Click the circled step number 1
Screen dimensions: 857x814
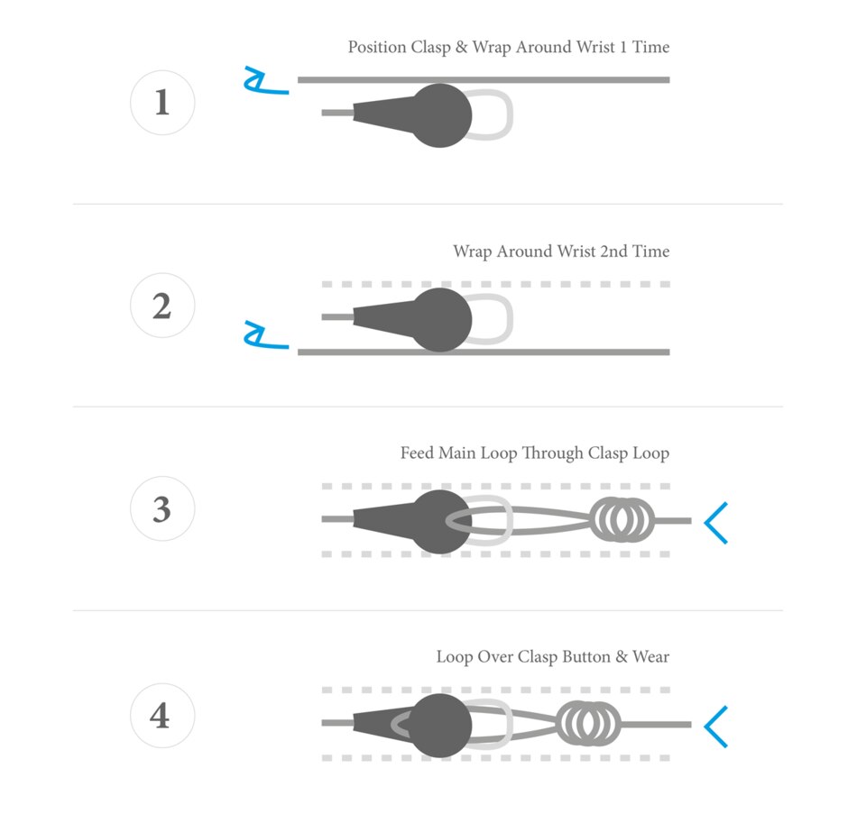tap(162, 102)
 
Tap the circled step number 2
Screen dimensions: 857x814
tap(162, 306)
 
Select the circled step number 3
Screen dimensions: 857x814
tap(162, 508)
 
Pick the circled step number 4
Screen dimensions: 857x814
tap(162, 716)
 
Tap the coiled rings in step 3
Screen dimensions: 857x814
tap(622, 520)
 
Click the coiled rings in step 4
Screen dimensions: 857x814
tap(589, 724)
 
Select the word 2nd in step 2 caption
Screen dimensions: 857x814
tap(613, 252)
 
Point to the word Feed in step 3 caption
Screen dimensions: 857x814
tap(417, 453)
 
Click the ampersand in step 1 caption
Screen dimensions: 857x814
tap(461, 47)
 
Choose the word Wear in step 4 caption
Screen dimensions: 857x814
tap(650, 656)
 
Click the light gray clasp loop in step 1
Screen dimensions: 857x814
tap(490, 114)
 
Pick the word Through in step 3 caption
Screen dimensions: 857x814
tap(552, 453)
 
